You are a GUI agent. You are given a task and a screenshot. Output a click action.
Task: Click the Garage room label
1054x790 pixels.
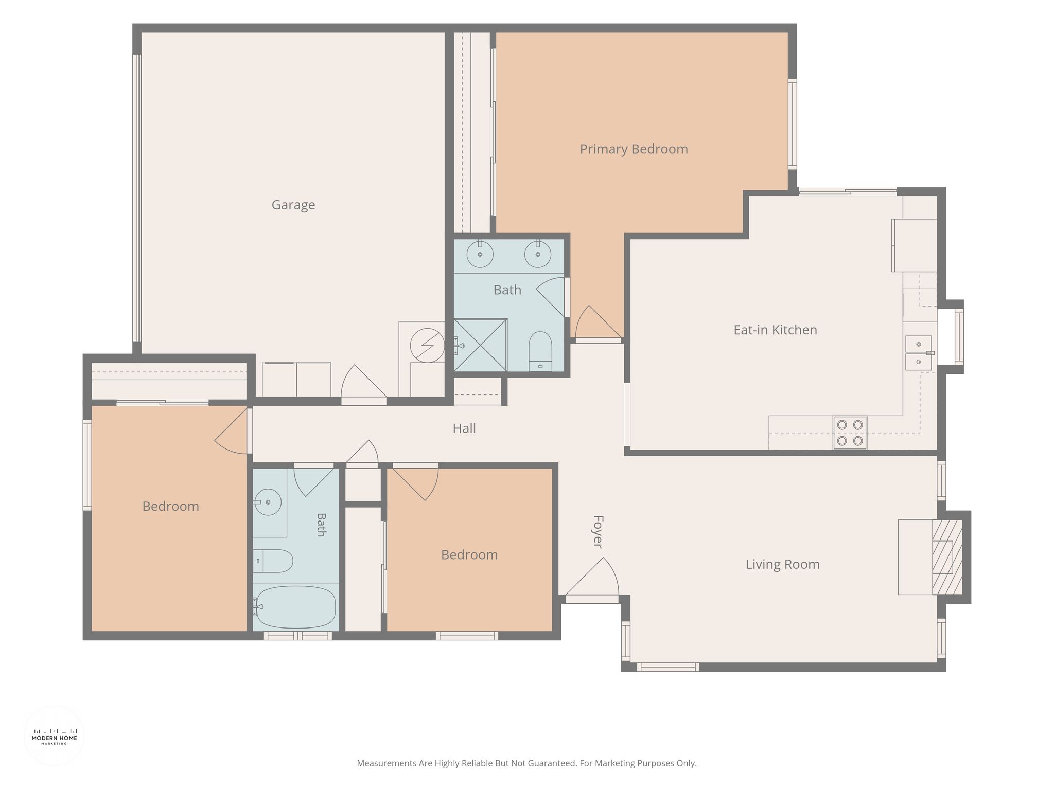click(x=293, y=205)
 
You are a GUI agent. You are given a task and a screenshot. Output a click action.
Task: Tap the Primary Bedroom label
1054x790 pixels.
click(x=634, y=149)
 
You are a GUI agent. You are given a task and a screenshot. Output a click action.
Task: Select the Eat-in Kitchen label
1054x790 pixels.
click(x=775, y=330)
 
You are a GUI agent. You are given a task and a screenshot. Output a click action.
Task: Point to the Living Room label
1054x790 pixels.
click(x=782, y=564)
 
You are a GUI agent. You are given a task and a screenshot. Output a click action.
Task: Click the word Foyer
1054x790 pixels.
click(x=598, y=531)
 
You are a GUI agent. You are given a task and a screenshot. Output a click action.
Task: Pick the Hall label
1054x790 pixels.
click(x=464, y=428)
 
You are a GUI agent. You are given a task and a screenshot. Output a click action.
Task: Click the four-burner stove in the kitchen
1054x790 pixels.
click(x=850, y=433)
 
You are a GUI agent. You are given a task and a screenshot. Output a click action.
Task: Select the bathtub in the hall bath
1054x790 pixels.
click(x=295, y=607)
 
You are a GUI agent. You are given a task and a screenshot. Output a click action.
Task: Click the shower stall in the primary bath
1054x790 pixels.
click(x=480, y=345)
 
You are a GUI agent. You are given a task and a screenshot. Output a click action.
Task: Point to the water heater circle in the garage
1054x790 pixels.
click(x=427, y=345)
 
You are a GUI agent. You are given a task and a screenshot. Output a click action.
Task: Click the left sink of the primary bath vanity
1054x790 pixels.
click(x=480, y=254)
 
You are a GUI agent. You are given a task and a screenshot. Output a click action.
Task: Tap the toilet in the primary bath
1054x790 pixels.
click(x=540, y=351)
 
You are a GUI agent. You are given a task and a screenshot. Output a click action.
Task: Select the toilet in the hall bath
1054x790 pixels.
click(x=273, y=561)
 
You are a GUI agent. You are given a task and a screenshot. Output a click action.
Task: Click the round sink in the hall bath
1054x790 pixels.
click(x=268, y=502)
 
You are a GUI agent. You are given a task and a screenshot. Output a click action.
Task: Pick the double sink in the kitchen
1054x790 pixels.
click(x=919, y=353)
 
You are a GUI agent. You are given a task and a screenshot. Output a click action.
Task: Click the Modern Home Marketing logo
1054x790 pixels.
click(x=54, y=736)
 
